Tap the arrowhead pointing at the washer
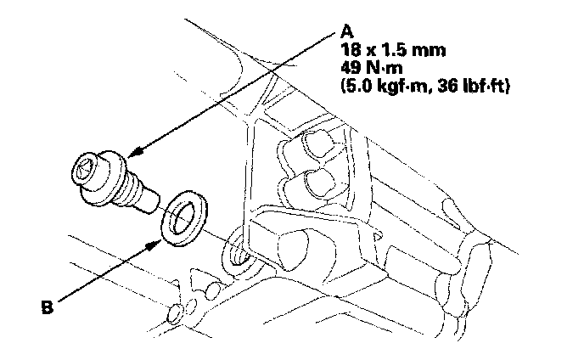[155, 245]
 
